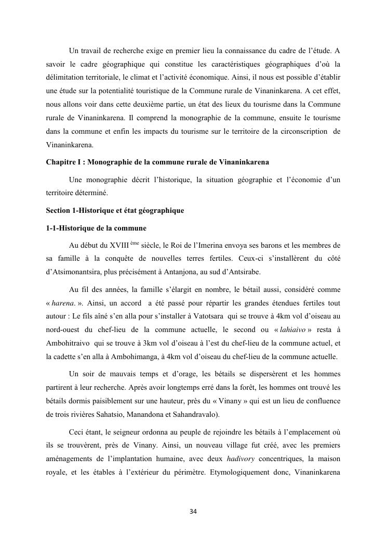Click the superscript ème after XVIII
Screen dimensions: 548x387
[x=135, y=243]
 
